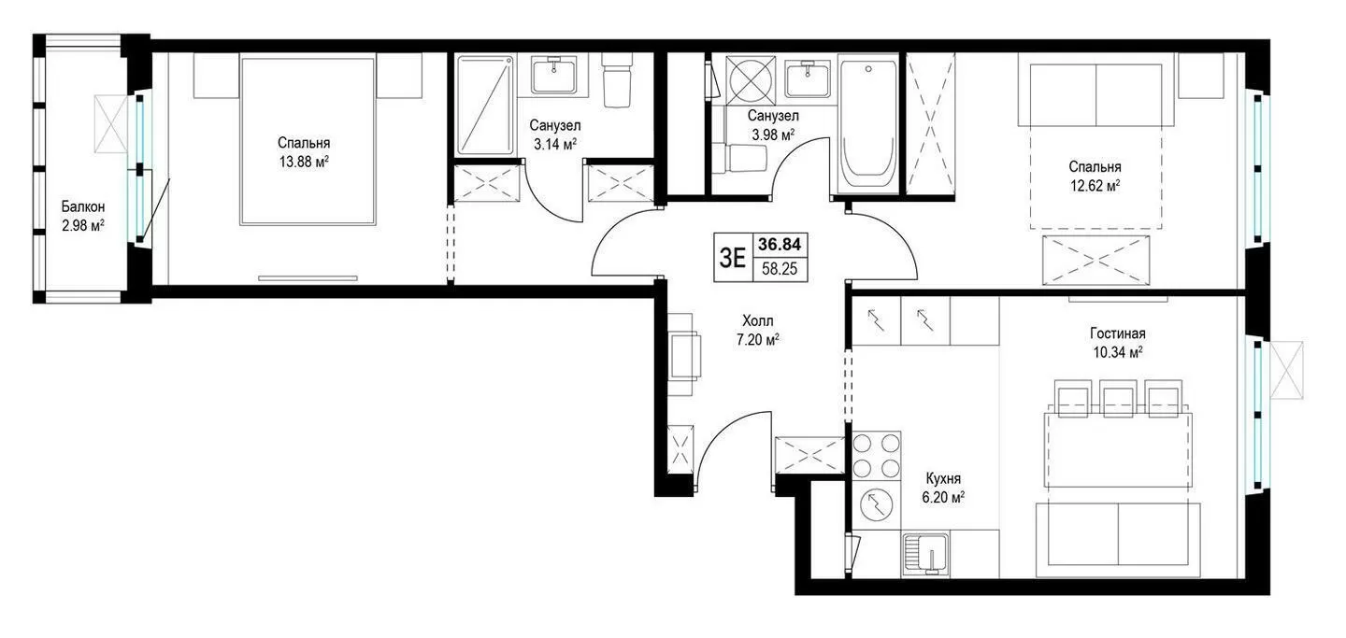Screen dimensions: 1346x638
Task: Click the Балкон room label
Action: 83,206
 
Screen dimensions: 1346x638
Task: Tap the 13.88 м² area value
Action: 304,162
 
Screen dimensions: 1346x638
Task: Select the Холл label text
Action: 758,320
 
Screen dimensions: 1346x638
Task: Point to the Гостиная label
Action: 1118,333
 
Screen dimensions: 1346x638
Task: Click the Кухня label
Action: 943,479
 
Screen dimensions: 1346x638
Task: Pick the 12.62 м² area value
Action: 1095,186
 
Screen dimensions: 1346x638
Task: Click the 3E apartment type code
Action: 733,258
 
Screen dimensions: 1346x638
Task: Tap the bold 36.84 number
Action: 780,245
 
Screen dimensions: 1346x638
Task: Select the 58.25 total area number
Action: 780,268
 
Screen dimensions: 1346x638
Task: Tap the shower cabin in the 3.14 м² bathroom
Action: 484,106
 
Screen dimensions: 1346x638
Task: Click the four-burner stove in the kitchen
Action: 877,455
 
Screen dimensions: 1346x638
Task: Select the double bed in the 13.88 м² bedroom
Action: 308,141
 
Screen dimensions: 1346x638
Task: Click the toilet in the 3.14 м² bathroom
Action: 617,82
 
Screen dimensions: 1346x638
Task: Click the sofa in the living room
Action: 1118,539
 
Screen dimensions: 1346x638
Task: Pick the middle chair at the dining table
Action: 1118,398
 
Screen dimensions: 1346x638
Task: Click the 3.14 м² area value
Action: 554,144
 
